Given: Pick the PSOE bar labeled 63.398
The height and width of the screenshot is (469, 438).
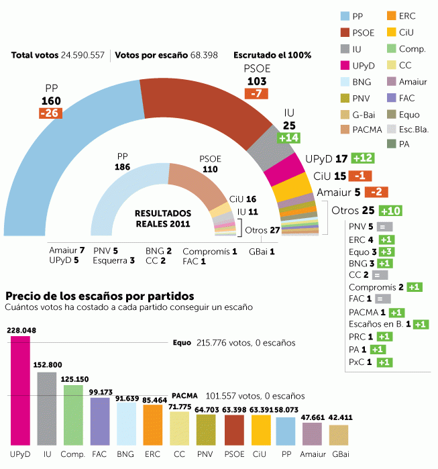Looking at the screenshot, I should (x=233, y=429).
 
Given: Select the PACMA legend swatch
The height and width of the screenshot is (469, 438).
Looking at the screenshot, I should (x=345, y=129).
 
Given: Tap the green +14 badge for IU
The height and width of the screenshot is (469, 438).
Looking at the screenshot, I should (x=289, y=138).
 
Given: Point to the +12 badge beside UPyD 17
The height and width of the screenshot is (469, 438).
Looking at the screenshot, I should (x=364, y=158).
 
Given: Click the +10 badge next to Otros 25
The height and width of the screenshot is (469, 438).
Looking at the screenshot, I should (x=390, y=211).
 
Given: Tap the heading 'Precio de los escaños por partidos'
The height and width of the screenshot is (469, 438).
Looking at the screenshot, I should (x=100, y=295).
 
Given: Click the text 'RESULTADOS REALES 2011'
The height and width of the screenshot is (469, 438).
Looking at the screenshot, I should (x=163, y=218).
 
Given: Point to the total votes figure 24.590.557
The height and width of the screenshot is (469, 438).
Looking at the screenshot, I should (x=83, y=54).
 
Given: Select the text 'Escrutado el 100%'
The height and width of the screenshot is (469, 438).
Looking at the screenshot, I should (x=272, y=54).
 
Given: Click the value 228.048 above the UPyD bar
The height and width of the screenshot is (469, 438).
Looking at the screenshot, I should (x=20, y=330).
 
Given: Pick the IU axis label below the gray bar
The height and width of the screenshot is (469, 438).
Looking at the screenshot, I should (x=47, y=454).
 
